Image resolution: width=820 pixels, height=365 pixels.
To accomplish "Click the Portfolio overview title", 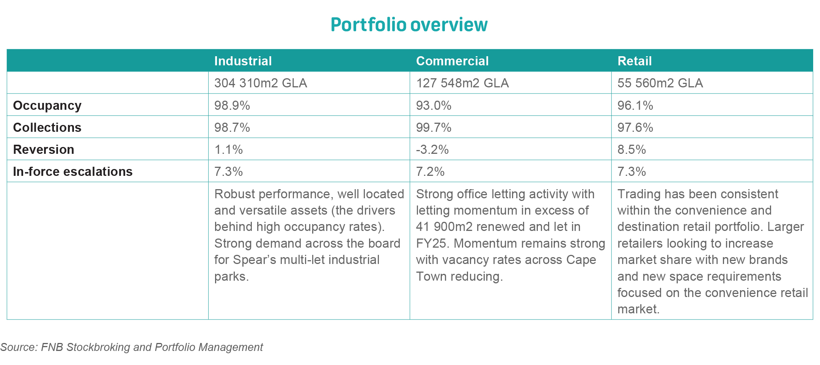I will click(x=409, y=25).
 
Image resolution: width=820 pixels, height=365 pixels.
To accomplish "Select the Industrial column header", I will click(x=243, y=61).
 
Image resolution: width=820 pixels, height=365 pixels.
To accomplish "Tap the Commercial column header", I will click(x=452, y=61).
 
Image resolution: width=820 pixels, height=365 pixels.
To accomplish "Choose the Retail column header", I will click(x=634, y=61).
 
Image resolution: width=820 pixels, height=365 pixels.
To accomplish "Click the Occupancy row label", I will click(x=47, y=105).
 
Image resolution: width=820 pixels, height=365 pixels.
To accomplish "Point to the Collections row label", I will click(x=47, y=127).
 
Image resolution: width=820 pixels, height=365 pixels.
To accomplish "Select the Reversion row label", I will click(x=43, y=149).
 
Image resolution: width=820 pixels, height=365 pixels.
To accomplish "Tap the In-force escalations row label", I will click(x=72, y=171).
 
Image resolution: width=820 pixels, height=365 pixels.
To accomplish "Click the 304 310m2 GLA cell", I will click(x=261, y=83).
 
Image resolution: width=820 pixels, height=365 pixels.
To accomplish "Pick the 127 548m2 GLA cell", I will click(x=462, y=83).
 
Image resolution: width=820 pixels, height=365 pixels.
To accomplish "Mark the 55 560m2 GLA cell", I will click(x=660, y=83).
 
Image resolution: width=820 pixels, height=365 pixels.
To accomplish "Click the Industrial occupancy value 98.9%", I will click(x=232, y=105).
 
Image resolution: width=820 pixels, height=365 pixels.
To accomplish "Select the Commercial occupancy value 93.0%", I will click(x=434, y=105).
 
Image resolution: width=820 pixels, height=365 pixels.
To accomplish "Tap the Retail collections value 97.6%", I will click(x=635, y=127).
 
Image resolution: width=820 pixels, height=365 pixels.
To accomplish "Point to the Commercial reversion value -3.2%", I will click(x=432, y=149).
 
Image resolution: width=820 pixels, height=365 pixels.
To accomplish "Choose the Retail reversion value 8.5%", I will click(x=631, y=149).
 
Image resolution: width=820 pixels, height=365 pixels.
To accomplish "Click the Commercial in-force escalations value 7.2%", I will click(x=430, y=171).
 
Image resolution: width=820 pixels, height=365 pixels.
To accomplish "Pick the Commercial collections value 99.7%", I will click(x=434, y=127).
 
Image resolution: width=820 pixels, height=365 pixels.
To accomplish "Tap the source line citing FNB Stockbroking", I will click(x=131, y=347).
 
